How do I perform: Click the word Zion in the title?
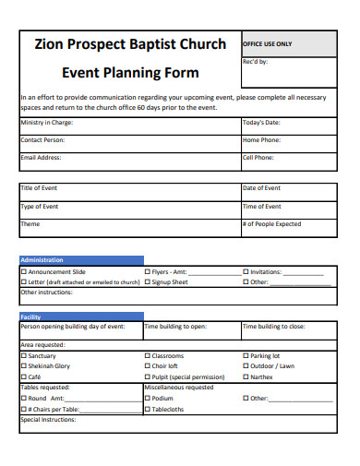[48, 43]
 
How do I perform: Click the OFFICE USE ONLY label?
[267, 44]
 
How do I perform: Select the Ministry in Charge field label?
[42, 122]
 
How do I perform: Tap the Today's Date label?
[260, 122]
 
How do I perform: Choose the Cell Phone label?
[258, 158]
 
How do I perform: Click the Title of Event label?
[39, 188]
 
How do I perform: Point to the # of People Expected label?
[271, 223]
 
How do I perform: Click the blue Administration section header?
[81, 260]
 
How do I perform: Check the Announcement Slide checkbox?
[24, 272]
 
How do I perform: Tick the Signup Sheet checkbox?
[148, 282]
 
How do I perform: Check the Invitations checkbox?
[246, 272]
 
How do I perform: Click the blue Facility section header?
[81, 317]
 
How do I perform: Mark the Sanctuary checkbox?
[24, 355]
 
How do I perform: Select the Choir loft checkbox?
[148, 366]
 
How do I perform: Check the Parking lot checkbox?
[246, 355]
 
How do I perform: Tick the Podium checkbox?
[148, 399]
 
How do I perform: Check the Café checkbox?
[24, 377]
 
